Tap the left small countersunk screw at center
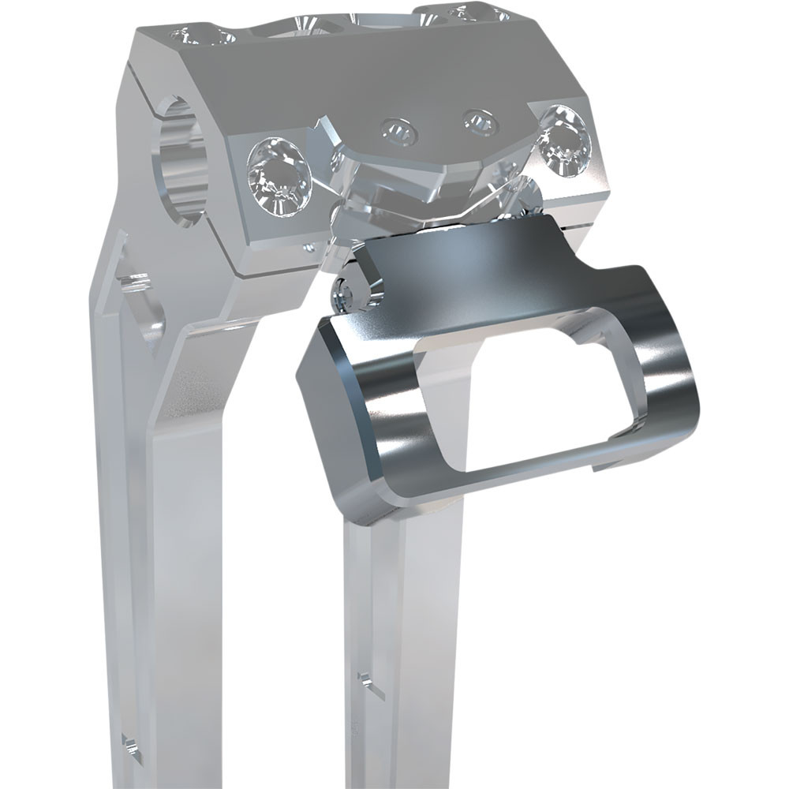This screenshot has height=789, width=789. click(x=399, y=131)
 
